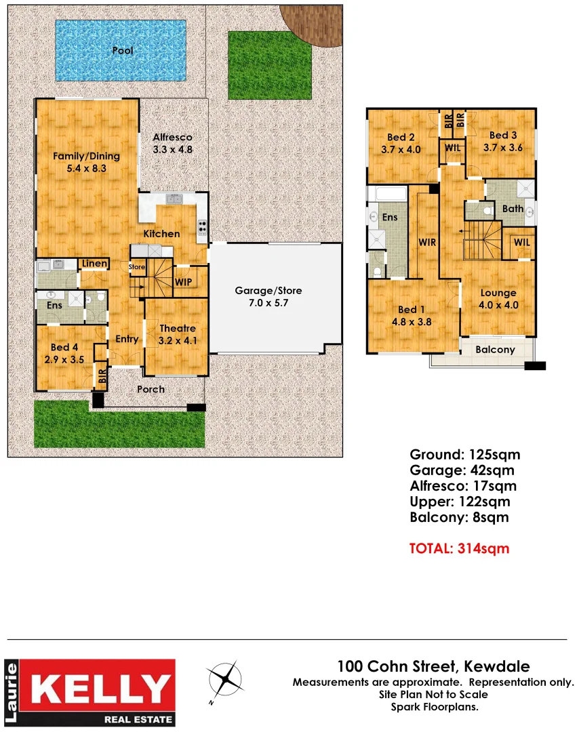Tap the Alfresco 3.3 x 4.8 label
[172, 143]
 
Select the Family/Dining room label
[86, 161]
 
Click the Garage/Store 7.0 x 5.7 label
[268, 296]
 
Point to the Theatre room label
[177, 334]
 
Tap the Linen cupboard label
[94, 263]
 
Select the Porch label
[151, 389]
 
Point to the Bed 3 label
[502, 141]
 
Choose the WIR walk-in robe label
[427, 242]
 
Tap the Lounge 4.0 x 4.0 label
[498, 299]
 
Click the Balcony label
[494, 350]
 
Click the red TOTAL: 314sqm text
[458, 548]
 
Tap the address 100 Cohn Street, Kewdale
[433, 667]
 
